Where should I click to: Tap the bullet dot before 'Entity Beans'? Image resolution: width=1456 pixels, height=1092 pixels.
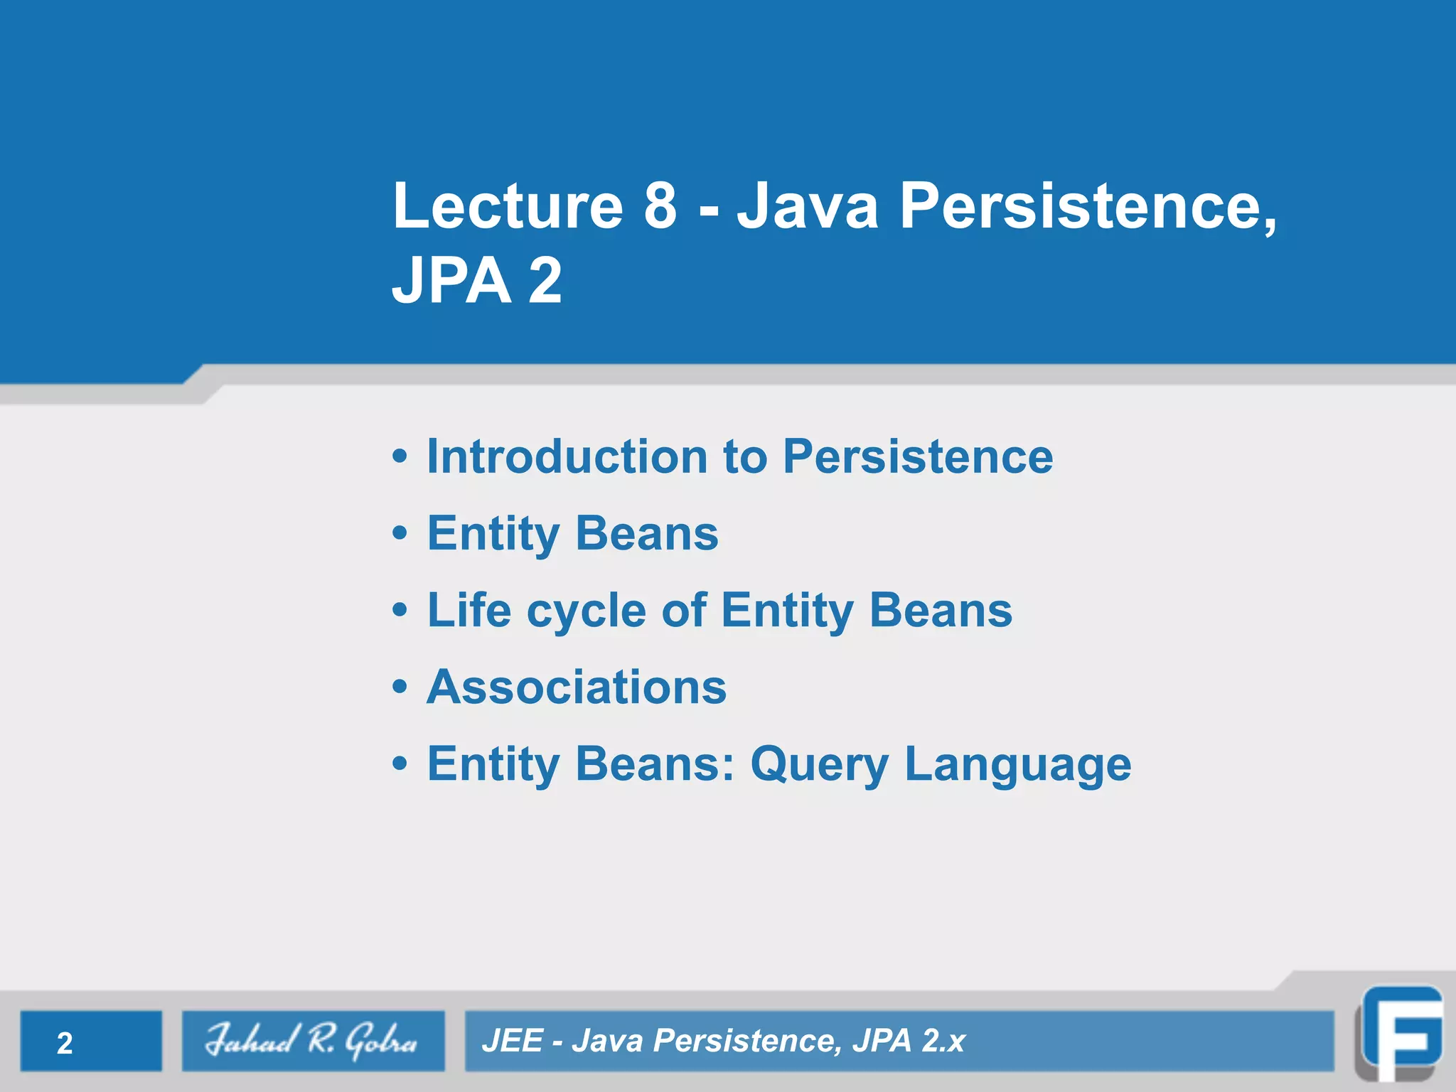point(400,532)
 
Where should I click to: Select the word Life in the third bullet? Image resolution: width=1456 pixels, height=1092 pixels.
point(469,610)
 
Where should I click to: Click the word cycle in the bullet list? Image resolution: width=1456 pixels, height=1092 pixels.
point(586,611)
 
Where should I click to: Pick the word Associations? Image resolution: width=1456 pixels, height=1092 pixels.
point(577,687)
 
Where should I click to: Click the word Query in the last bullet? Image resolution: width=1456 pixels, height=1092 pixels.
point(819,765)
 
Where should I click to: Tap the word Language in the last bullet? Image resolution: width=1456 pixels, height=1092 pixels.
point(1017,765)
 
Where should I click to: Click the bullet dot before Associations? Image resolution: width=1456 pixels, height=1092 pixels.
point(400,687)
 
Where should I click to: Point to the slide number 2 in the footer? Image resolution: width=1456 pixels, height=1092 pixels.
point(65,1043)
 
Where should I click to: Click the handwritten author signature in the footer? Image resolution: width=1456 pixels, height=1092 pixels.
point(312,1041)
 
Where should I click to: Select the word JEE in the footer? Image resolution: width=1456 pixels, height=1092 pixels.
point(513,1041)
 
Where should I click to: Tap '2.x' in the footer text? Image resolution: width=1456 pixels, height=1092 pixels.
point(943,1041)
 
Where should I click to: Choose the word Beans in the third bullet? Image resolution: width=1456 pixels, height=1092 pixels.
point(940,610)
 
